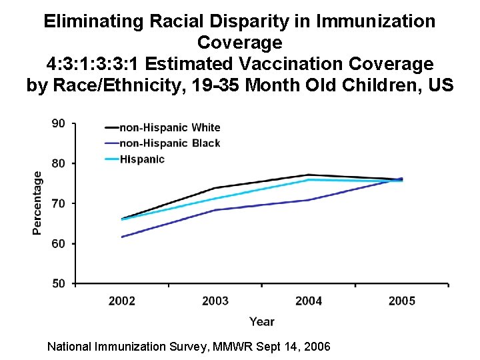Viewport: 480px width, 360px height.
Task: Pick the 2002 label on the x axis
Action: click(x=122, y=301)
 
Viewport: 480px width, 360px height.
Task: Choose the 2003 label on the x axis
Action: click(x=215, y=301)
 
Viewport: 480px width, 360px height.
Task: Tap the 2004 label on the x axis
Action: click(x=309, y=301)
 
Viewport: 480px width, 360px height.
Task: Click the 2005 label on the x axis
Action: click(x=402, y=301)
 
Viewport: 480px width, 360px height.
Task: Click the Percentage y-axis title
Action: click(x=37, y=201)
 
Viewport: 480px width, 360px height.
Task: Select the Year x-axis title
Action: click(x=261, y=321)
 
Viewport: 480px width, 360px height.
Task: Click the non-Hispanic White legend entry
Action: click(x=169, y=127)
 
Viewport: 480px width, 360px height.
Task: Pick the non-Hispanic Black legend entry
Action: click(x=169, y=143)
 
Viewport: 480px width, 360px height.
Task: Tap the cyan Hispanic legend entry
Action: click(x=141, y=159)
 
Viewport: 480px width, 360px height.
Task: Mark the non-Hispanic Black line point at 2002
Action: click(x=122, y=237)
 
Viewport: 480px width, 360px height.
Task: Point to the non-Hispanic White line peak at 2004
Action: click(x=309, y=175)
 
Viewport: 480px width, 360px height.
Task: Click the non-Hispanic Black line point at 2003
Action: click(x=215, y=210)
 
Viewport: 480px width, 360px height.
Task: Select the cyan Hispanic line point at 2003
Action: click(x=215, y=198)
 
